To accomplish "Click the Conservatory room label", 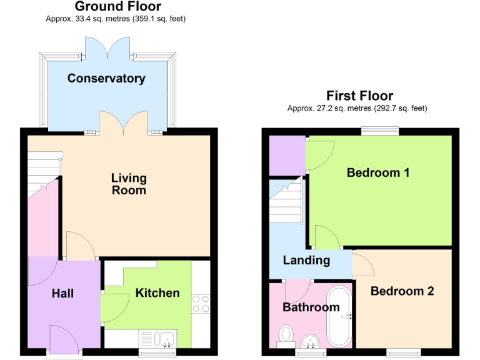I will click(106, 78).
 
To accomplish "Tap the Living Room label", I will click(129, 184).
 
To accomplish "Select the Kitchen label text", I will click(157, 292).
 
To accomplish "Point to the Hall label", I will click(62, 292).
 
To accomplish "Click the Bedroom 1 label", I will click(378, 172).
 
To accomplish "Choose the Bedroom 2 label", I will click(402, 291).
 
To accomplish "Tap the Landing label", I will click(306, 260).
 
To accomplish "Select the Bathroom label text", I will click(311, 307).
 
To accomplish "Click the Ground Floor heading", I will click(117, 7).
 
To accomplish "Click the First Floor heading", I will click(359, 96).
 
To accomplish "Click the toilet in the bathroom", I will click(286, 334).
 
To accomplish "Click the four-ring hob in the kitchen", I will click(201, 303).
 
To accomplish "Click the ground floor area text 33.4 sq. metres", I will click(116, 19).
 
